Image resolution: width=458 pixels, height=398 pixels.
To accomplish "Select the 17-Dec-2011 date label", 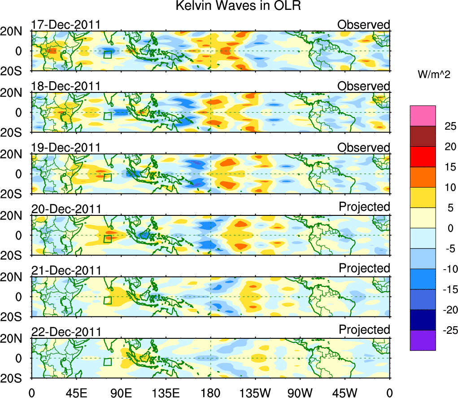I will tap(65, 25).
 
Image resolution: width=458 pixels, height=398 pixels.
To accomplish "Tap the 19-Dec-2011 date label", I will tap(65, 148).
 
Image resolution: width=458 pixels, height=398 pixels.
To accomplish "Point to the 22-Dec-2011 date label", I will tap(65, 332).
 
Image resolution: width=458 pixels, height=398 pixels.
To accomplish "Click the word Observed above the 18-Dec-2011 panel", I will tap(364, 86).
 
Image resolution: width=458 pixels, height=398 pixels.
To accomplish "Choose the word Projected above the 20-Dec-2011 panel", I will tap(364, 207).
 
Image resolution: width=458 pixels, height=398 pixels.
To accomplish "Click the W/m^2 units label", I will tap(434, 75).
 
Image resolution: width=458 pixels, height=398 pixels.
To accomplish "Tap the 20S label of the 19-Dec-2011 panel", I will tap(15, 194).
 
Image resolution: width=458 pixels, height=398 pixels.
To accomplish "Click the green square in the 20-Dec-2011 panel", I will tap(107, 239).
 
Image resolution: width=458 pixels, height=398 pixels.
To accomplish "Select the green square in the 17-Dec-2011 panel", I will tap(107, 55).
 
